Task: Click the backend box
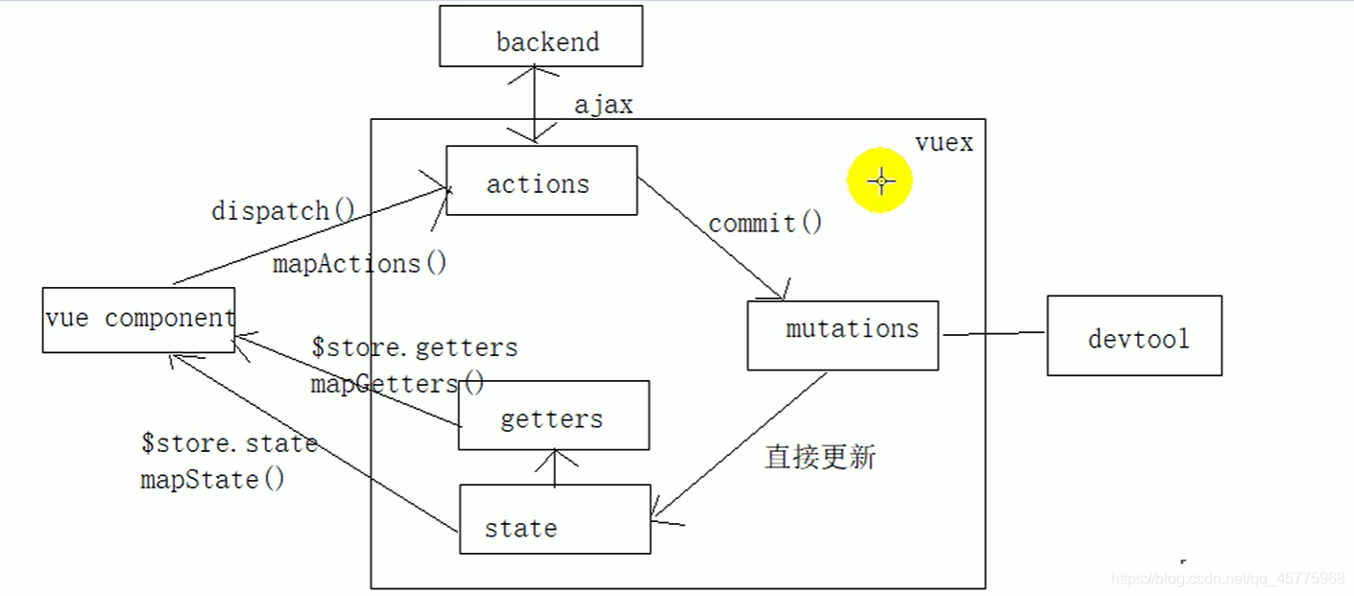pos(541,36)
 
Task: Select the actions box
pos(542,180)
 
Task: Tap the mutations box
pos(842,335)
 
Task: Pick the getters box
pos(553,416)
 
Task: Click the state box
pos(555,519)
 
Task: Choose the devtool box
pos(1134,335)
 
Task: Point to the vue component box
pos(138,320)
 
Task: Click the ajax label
pos(603,105)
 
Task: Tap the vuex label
pos(944,143)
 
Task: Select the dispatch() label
pos(283,210)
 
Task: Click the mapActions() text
pos(360,263)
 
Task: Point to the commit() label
pos(765,223)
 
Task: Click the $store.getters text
pos(415,347)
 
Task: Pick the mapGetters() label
pos(398,384)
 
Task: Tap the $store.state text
pos(229,443)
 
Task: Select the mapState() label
pos(212,479)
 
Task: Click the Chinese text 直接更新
pos(820,457)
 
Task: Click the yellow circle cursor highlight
pos(880,180)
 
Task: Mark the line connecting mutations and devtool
pos(993,334)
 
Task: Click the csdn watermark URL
pos(1227,579)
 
